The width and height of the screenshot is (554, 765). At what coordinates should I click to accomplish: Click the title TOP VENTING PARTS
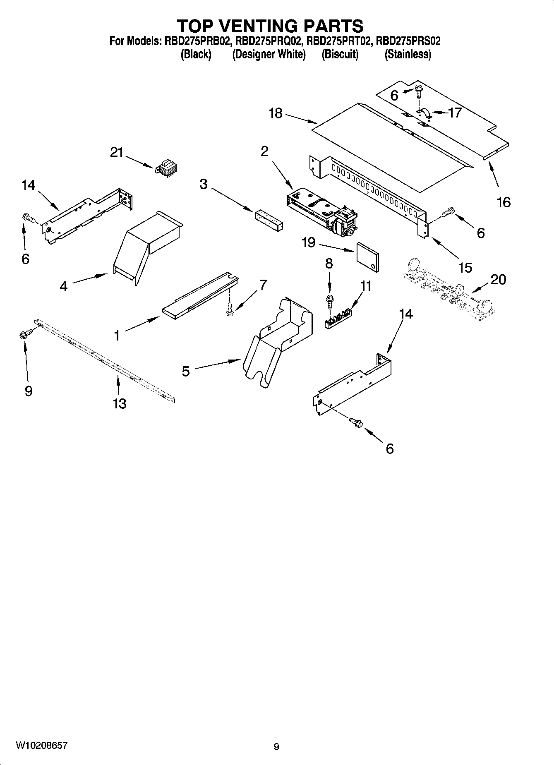pos(271,26)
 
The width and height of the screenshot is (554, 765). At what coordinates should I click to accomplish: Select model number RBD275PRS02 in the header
pos(408,41)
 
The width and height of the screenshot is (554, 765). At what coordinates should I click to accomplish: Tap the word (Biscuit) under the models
pos(340,55)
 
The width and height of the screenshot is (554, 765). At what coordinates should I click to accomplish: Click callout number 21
pos(117,153)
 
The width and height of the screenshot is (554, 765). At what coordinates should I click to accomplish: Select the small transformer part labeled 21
pos(165,168)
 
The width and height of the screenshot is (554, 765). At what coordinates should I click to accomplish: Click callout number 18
pos(276,113)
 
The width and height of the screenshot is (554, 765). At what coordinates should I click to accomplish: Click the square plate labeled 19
pos(367,257)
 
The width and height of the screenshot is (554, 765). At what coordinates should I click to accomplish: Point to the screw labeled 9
pos(24,334)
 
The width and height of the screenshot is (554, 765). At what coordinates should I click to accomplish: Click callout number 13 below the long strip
pos(119,403)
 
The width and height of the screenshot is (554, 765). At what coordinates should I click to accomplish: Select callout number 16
pos(504,202)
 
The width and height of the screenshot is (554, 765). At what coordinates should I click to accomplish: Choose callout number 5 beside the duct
pos(186,371)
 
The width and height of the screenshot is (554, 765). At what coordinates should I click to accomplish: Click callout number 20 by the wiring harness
pos(498,280)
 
